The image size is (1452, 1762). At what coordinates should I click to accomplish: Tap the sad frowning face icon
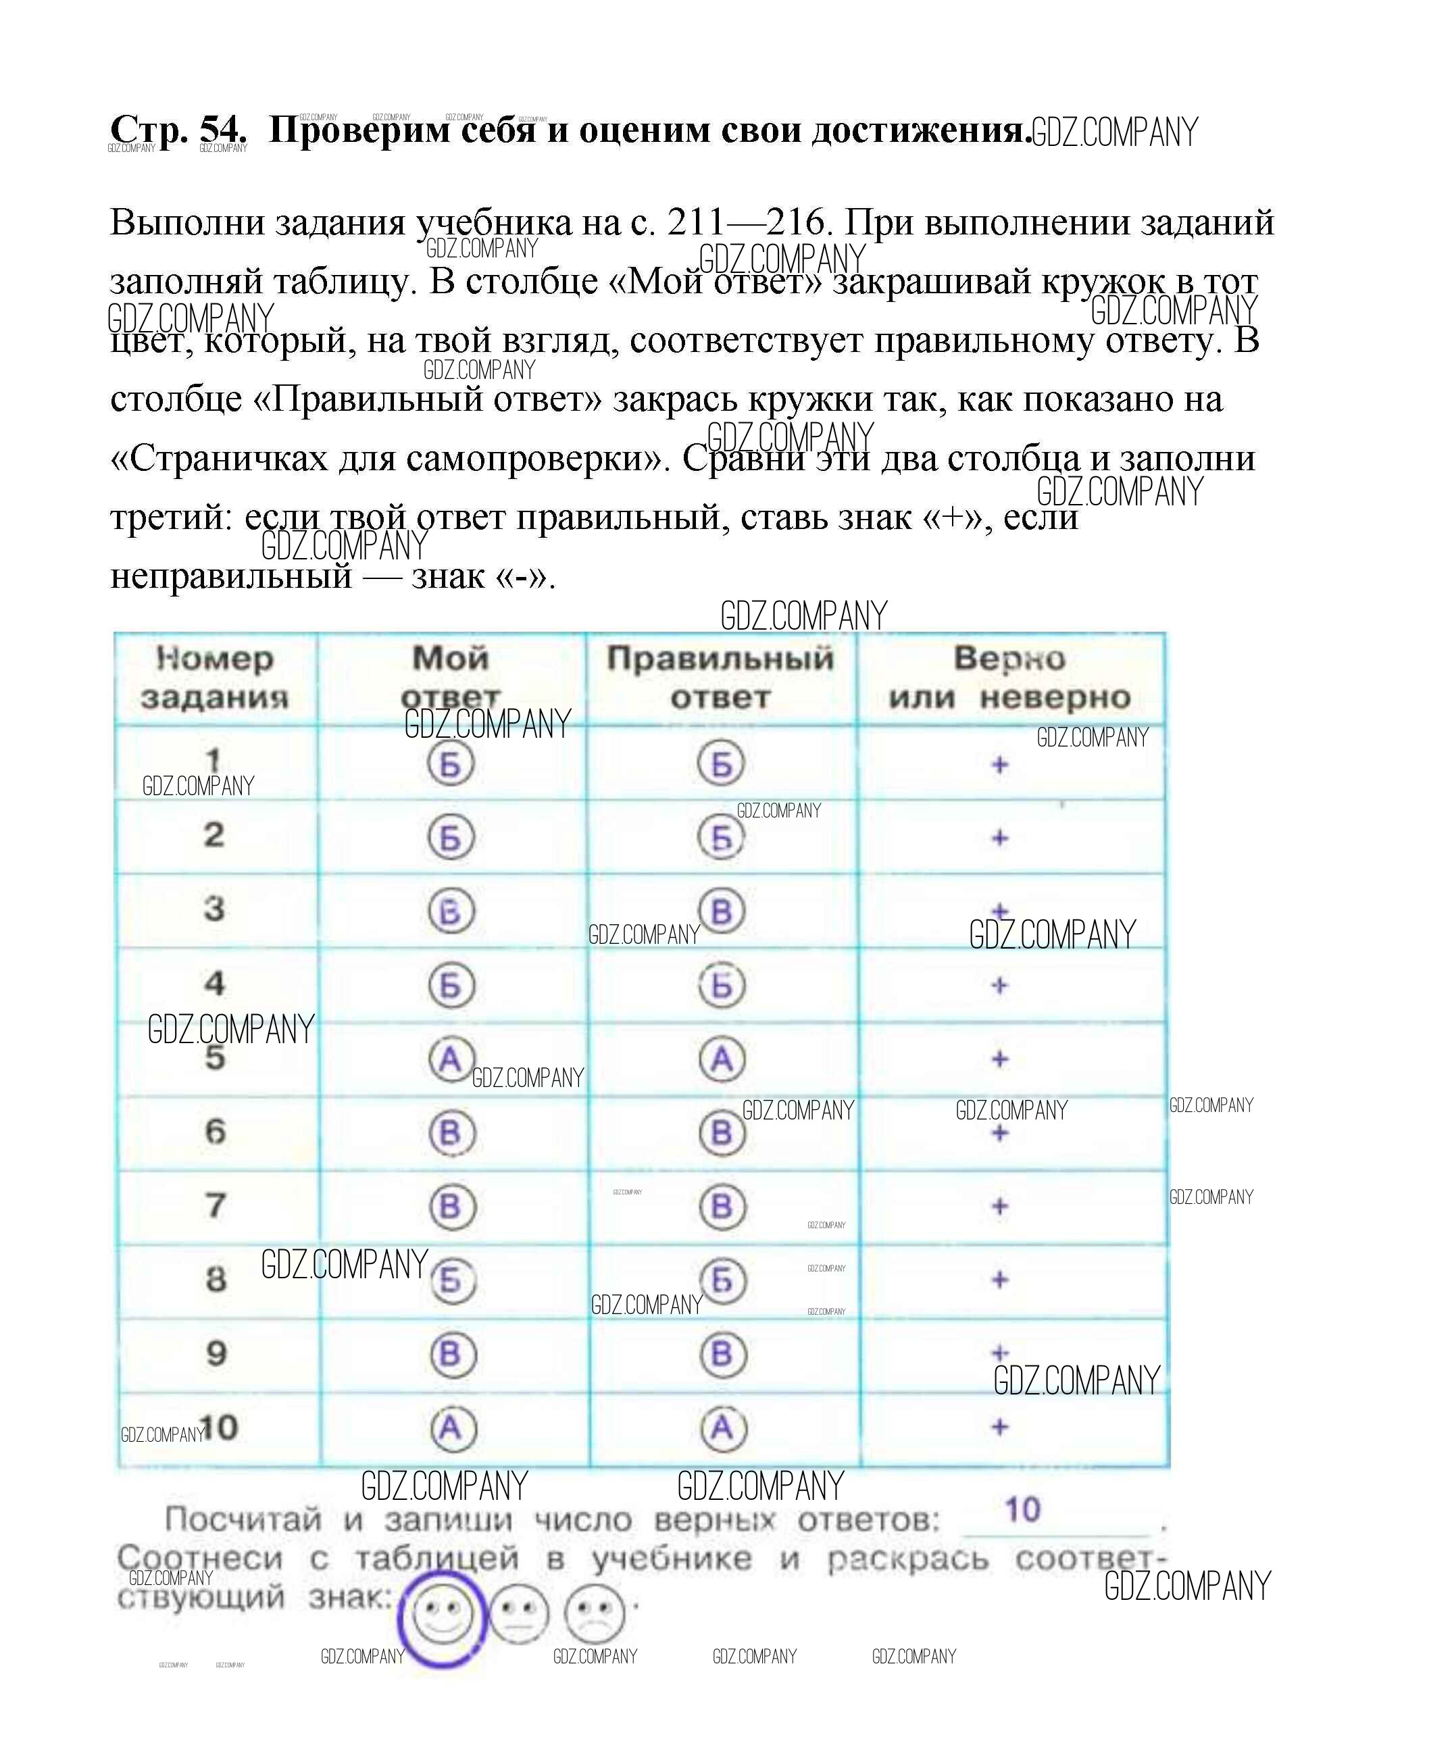tap(595, 1613)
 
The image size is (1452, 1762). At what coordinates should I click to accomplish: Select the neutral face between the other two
tap(519, 1613)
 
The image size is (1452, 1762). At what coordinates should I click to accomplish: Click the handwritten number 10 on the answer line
tap(1022, 1509)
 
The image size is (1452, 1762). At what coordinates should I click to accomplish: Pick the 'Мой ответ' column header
tap(451, 676)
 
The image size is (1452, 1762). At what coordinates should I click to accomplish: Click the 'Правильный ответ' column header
tap(720, 676)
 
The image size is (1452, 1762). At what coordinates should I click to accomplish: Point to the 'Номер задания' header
tap(215, 676)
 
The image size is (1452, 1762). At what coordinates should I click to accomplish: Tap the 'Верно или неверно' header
tap(1009, 676)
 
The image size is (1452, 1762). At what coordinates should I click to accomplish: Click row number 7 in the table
tap(216, 1205)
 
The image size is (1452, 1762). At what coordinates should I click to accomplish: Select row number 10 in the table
tap(219, 1427)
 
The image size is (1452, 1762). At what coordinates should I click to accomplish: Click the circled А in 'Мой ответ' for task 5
tap(451, 1059)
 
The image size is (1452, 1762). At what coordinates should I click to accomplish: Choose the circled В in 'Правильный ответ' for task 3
tap(722, 911)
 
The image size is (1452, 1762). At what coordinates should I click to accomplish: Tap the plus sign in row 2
tap(999, 837)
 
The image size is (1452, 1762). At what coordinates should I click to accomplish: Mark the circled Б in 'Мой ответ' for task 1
tap(451, 763)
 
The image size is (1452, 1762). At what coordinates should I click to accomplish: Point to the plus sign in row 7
tap(999, 1206)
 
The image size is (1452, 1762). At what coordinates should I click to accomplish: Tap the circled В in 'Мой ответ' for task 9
tap(451, 1354)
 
